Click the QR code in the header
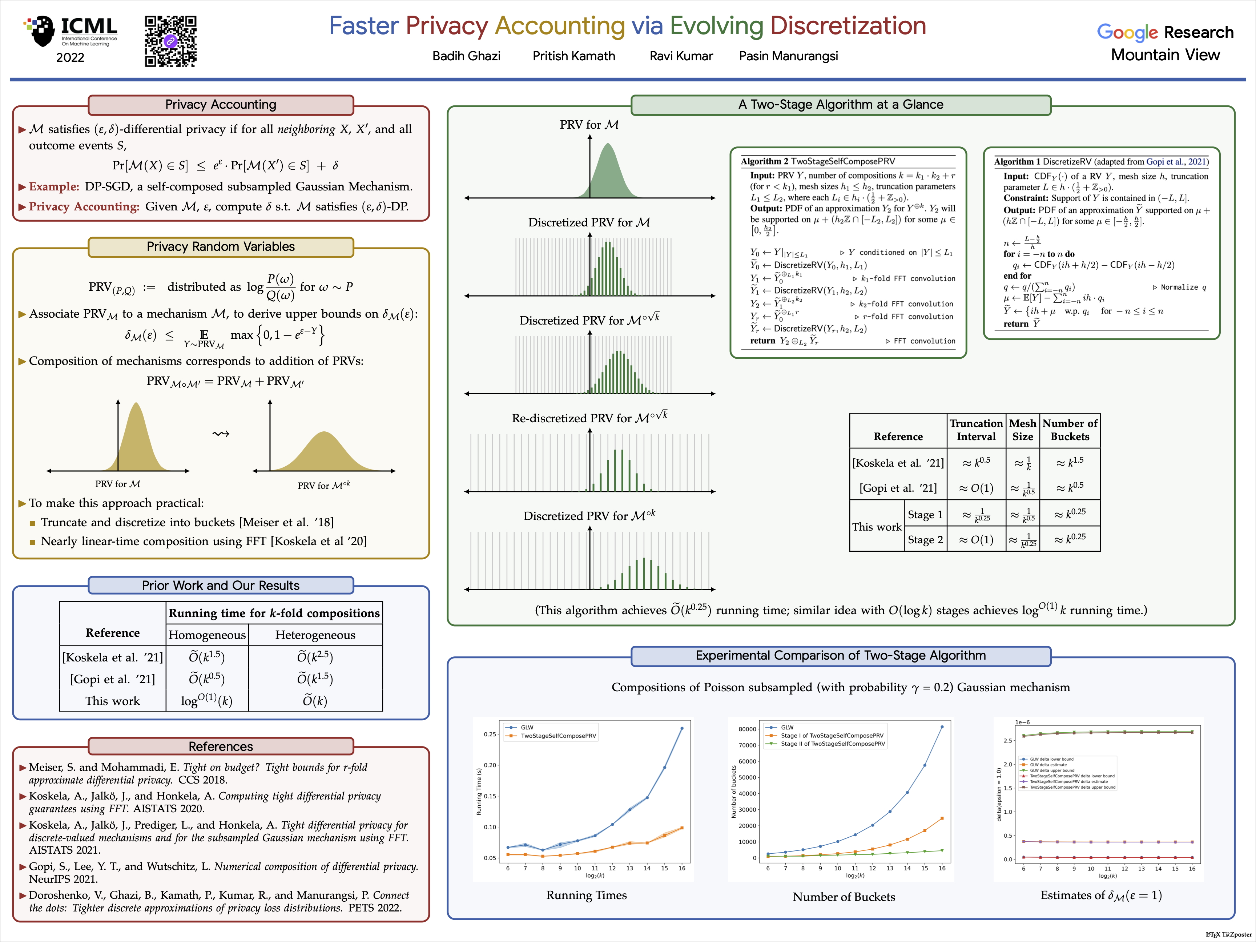click(170, 41)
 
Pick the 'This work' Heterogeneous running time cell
click(315, 701)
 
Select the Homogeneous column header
click(207, 635)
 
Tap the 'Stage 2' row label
click(925, 539)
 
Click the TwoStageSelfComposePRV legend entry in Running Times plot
click(558, 736)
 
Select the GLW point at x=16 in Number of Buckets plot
click(942, 727)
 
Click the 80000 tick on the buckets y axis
click(747, 729)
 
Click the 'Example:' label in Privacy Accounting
click(54, 187)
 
